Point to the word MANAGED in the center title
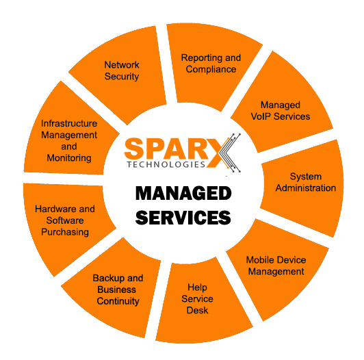tap(183, 193)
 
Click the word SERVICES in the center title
tap(183, 218)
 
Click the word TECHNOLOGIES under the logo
tap(166, 164)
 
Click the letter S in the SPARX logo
tap(133, 149)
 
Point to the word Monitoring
tap(69, 158)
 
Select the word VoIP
tap(261, 116)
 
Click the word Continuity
tap(118, 301)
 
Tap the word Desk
tap(197, 310)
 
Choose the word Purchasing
tap(65, 232)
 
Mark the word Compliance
tap(211, 69)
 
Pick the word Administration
tap(305, 188)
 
